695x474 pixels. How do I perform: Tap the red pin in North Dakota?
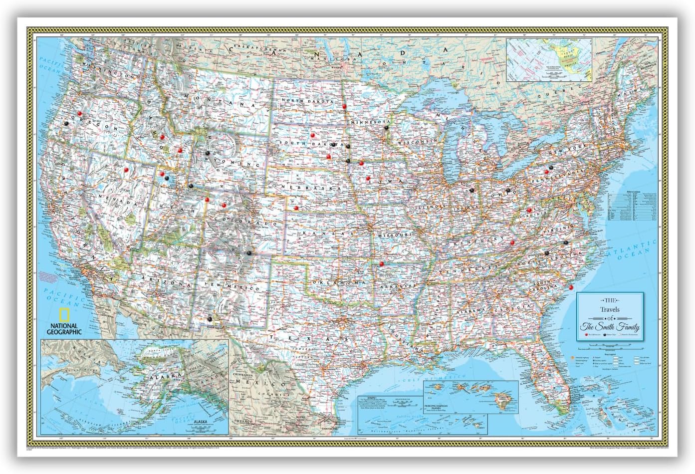click(344, 106)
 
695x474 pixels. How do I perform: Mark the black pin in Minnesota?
click(387, 128)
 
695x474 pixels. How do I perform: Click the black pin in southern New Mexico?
click(210, 318)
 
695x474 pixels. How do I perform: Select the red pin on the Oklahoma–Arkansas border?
click(382, 263)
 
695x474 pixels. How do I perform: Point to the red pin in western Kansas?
click(296, 208)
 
